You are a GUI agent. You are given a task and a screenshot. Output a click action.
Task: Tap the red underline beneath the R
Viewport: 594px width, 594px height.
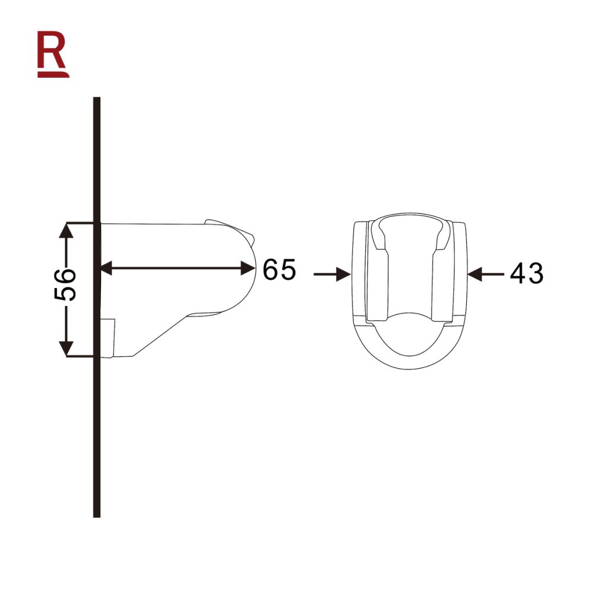click(53, 75)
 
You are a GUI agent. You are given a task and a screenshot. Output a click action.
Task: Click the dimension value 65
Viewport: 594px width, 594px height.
click(279, 270)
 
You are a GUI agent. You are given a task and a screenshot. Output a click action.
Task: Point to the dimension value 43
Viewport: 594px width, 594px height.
click(526, 273)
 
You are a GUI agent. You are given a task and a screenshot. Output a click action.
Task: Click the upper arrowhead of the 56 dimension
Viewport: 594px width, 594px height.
click(67, 232)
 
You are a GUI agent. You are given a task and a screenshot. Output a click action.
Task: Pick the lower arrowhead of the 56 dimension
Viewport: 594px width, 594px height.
click(67, 348)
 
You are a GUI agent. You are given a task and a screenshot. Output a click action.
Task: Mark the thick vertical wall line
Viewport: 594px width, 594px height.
click(97, 416)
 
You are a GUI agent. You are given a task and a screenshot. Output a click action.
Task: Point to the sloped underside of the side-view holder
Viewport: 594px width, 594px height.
click(160, 336)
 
